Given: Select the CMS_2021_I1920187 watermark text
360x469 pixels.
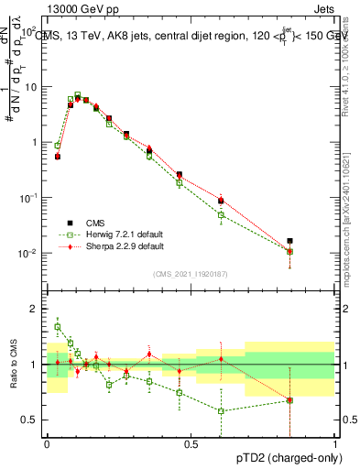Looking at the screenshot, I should click(x=191, y=273).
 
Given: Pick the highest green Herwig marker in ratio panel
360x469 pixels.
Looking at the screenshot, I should click(x=58, y=326).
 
